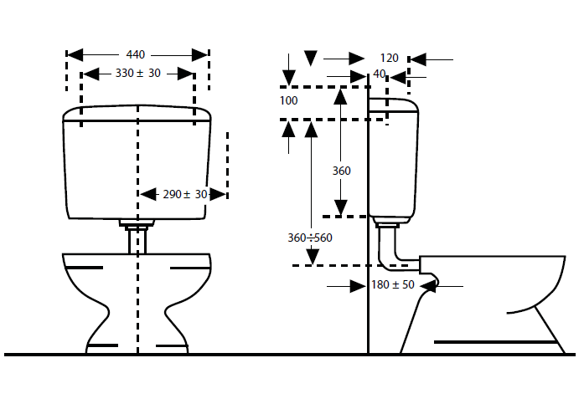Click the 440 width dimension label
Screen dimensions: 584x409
[x=135, y=54]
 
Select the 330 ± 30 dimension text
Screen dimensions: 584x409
[x=137, y=73]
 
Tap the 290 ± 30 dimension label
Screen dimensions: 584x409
[x=184, y=194]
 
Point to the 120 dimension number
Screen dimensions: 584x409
[x=390, y=58]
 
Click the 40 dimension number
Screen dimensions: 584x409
[x=380, y=74]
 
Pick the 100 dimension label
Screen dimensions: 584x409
[x=288, y=100]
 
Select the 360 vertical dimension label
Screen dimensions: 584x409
[x=342, y=171]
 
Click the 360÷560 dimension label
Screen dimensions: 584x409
[x=310, y=238]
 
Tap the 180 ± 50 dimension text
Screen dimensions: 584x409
[x=393, y=285]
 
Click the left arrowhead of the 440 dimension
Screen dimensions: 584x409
[x=75, y=55]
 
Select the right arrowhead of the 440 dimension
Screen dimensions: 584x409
[x=199, y=55]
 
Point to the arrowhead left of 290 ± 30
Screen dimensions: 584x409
[x=148, y=194]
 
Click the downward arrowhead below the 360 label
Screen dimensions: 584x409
[x=341, y=207]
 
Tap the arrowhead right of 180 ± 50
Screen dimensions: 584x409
[x=428, y=286]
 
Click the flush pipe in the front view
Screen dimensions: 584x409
[x=137, y=241]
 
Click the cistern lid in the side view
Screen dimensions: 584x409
[x=393, y=105]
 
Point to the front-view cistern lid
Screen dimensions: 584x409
[x=137, y=113]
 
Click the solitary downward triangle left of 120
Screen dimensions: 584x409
[x=311, y=58]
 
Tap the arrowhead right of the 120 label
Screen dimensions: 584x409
[x=418, y=59]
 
